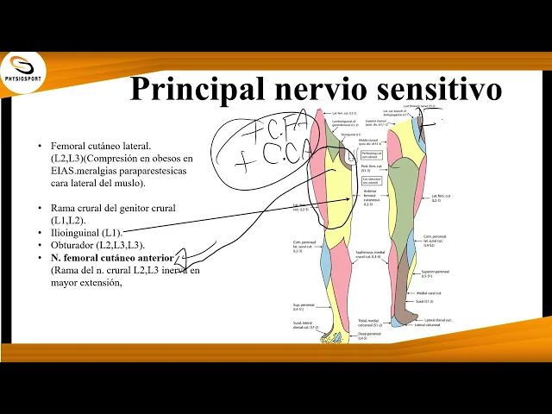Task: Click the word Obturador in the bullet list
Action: pyautogui.click(x=72, y=245)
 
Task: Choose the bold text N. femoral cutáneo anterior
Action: pyautogui.click(x=111, y=258)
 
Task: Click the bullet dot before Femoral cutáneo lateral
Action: pyautogui.click(x=41, y=147)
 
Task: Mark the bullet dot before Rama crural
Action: pyautogui.click(x=41, y=209)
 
